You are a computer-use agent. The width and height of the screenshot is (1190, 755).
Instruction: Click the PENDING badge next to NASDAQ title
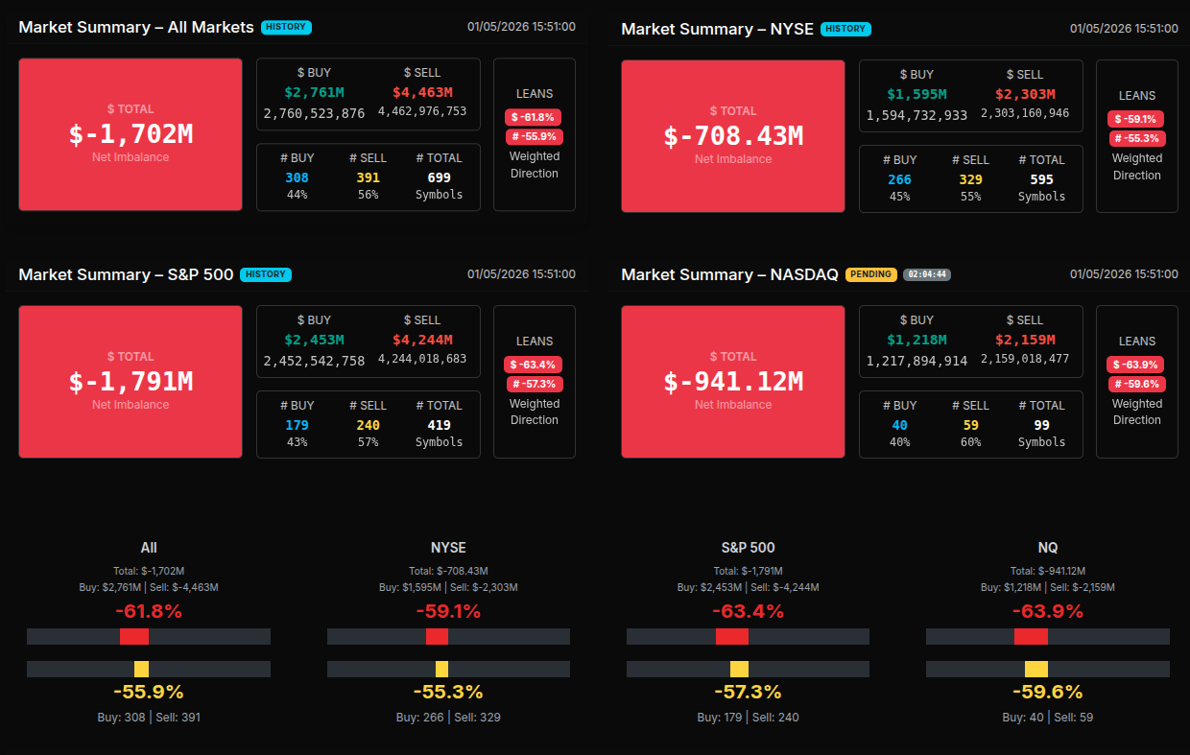[870, 274]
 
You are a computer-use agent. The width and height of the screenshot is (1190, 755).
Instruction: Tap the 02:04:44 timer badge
[927, 274]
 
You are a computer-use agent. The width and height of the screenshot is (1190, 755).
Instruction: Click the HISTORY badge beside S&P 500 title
[266, 274]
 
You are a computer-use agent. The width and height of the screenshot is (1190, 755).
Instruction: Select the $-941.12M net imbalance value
[733, 381]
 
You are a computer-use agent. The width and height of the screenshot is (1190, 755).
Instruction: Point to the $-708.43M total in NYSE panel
[733, 135]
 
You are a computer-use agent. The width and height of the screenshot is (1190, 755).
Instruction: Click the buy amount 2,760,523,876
[314, 112]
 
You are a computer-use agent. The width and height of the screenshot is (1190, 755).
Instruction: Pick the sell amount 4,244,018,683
[422, 359]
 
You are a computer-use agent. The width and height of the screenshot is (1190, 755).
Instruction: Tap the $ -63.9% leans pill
[1136, 365]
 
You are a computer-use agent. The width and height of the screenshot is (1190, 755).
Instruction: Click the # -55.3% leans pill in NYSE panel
[1137, 138]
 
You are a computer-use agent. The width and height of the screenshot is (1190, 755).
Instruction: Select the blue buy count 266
[899, 179]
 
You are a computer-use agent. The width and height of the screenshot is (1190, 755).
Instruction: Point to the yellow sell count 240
[368, 425]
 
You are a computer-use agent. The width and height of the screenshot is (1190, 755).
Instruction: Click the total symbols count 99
[1041, 425]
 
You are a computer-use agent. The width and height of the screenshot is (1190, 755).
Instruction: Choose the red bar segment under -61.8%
[134, 636]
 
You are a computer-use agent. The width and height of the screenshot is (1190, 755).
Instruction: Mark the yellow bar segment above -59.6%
[1035, 669]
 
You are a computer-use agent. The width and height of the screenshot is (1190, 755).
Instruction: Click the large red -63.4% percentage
[748, 611]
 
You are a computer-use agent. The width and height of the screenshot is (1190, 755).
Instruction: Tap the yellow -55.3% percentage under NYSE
[448, 692]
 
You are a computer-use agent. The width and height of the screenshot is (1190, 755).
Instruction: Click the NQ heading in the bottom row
[1048, 547]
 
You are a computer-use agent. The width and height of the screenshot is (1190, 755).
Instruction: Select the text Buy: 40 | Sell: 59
[1048, 717]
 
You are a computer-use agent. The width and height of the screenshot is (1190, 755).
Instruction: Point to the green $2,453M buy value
[314, 340]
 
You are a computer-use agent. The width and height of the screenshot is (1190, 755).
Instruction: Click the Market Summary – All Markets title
[136, 27]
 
